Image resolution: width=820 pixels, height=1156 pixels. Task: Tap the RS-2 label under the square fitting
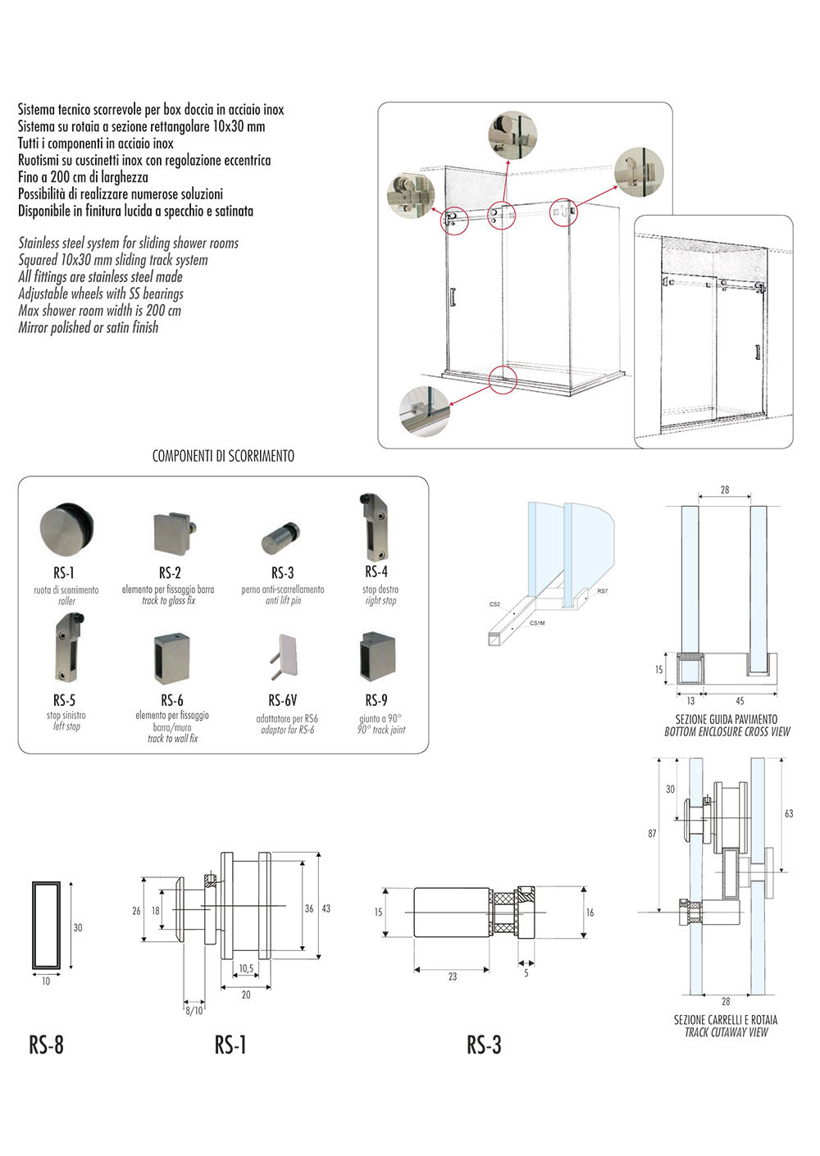[170, 572]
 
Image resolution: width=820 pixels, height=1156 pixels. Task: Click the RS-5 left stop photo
[66, 651]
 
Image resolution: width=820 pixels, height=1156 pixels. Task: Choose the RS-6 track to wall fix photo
[171, 658]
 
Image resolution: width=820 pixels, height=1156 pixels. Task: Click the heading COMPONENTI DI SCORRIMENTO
[223, 457]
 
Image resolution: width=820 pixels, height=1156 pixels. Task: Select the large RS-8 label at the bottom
[46, 1044]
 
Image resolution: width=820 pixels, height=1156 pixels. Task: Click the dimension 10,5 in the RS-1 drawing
[246, 969]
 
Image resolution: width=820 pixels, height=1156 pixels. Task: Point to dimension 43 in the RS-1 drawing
[326, 909]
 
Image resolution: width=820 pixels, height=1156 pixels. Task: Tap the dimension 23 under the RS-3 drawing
[453, 977]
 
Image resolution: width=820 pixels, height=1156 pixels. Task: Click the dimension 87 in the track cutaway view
[652, 833]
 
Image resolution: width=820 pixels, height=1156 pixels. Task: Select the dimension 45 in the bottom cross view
[740, 701]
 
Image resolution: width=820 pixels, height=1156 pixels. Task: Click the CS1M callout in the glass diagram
[536, 623]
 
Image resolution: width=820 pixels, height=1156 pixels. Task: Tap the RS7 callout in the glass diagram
[603, 591]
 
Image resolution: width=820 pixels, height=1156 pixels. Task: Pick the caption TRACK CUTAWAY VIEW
[726, 1032]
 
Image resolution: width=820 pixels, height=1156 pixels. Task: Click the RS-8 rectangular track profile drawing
[46, 926]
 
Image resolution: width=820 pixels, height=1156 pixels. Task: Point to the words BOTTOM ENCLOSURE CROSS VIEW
[727, 731]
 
